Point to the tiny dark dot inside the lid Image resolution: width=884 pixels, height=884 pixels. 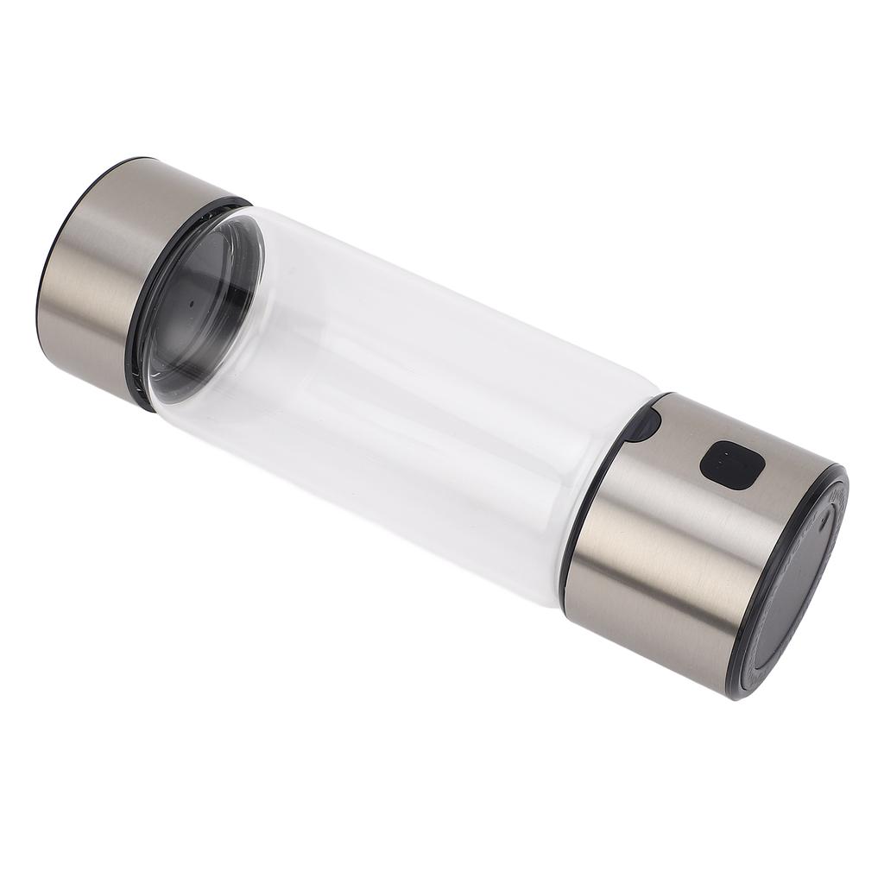tap(189, 304)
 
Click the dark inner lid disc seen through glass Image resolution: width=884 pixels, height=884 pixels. tap(203, 302)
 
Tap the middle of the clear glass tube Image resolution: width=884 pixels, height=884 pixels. tap(406, 397)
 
